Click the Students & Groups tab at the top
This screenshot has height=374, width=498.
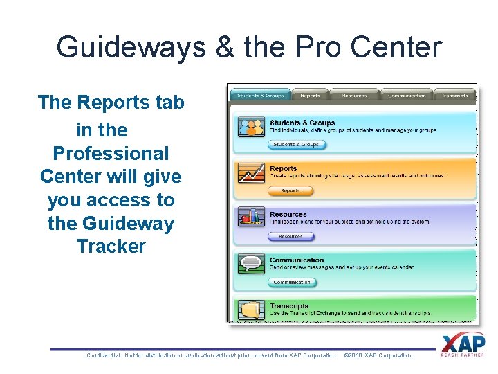pyautogui.click(x=259, y=96)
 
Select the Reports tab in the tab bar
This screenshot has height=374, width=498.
pyautogui.click(x=310, y=96)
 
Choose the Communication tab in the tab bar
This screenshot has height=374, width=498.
pyautogui.click(x=406, y=96)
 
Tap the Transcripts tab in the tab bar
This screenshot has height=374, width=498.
pyautogui.click(x=455, y=96)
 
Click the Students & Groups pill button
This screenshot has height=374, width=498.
pyautogui.click(x=296, y=145)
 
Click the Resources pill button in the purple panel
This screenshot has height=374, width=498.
pyautogui.click(x=290, y=237)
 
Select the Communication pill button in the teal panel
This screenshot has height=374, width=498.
pyautogui.click(x=292, y=283)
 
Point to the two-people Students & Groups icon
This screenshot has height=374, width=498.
pyautogui.click(x=250, y=127)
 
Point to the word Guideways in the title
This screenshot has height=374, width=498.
pyautogui.click(x=131, y=47)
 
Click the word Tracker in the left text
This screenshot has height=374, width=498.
pyautogui.click(x=111, y=247)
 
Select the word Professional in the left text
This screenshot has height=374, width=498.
pyautogui.click(x=111, y=153)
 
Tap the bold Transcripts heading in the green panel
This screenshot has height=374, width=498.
pyautogui.click(x=289, y=306)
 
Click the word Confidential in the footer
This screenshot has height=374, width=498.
pyautogui.click(x=104, y=355)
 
